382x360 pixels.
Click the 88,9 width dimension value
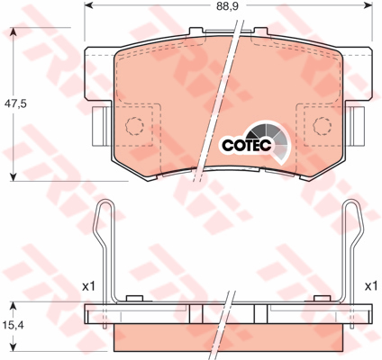(227, 5)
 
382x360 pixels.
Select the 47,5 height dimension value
(15, 103)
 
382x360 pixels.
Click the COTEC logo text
(247, 145)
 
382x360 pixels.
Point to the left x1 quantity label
(88, 286)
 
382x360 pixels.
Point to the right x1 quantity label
(370, 286)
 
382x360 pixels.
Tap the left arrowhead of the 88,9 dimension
(89, 5)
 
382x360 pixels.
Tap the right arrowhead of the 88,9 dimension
(368, 5)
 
